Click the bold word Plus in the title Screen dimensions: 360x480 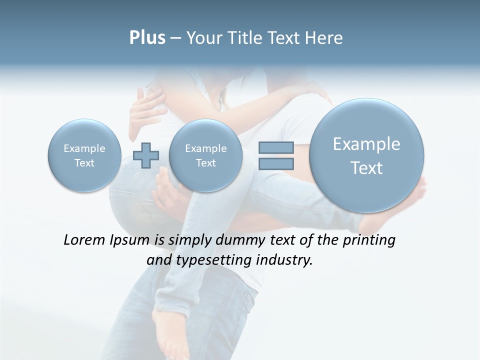point(147,38)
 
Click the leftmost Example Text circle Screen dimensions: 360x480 point(84,155)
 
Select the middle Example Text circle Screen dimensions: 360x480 point(205,155)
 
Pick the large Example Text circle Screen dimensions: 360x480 point(366,155)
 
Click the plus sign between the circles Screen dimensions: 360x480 point(146,155)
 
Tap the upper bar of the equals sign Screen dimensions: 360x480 point(276,147)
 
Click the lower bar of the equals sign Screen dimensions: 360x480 point(276,163)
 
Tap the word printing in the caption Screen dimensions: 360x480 point(368,240)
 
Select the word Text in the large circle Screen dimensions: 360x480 point(366,168)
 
